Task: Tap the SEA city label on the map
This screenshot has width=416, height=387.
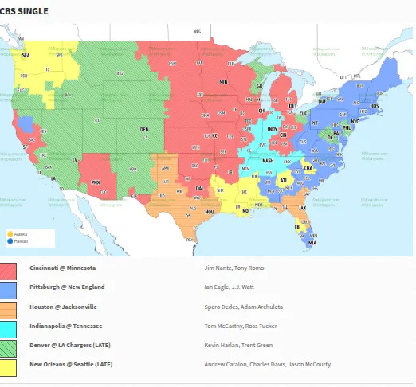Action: pos(26,57)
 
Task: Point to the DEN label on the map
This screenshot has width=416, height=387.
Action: pos(144,129)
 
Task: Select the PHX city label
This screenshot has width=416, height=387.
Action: pos(96,182)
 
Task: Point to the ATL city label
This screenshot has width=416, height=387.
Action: pos(285,181)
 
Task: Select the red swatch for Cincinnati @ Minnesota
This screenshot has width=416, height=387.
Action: pos(9,268)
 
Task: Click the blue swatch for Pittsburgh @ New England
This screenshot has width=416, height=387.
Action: pos(9,287)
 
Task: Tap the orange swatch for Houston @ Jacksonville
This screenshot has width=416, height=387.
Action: pos(9,307)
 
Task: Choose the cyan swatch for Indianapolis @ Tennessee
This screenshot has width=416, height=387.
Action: pos(9,326)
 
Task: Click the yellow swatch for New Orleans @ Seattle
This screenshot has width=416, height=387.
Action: pos(9,365)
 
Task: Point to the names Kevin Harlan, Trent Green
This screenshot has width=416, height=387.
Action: pos(238,345)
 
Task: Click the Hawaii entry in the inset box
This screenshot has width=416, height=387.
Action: pos(21,240)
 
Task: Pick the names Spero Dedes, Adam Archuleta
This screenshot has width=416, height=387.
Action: pos(243,307)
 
